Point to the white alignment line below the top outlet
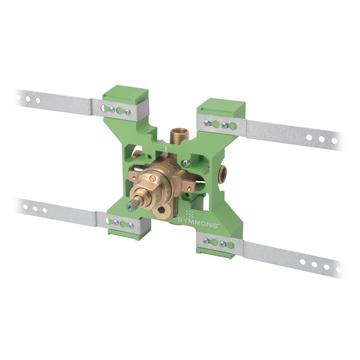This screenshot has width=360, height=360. (x=165, y=148)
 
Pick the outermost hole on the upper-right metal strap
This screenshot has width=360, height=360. (x=334, y=141)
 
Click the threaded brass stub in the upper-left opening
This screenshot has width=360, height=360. (x=137, y=155)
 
